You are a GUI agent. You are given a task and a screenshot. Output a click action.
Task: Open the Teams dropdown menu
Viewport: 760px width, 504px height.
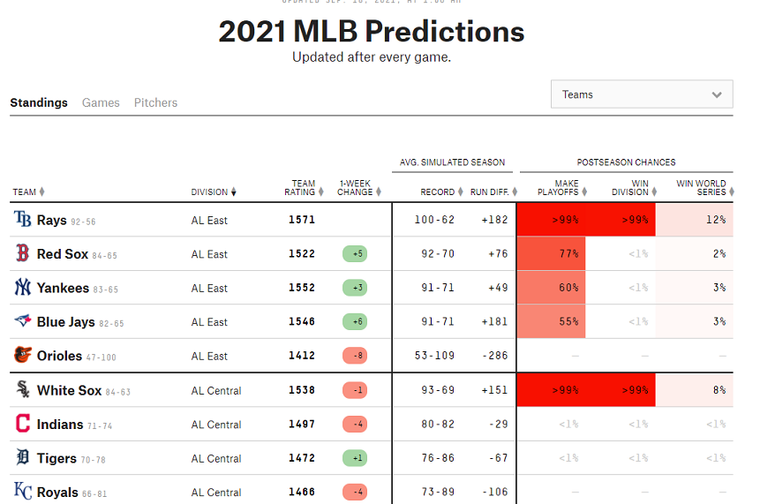click(641, 94)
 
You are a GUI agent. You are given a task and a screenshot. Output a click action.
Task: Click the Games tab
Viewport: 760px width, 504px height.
click(101, 102)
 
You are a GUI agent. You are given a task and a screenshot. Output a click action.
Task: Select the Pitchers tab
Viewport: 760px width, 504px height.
click(155, 102)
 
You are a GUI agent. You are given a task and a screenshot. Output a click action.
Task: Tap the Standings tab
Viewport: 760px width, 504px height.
click(39, 102)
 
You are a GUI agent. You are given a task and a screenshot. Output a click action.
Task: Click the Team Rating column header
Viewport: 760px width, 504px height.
click(303, 187)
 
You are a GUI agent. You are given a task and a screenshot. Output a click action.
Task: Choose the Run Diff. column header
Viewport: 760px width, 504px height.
click(489, 192)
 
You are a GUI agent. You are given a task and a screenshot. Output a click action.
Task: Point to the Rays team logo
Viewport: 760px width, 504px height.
click(22, 220)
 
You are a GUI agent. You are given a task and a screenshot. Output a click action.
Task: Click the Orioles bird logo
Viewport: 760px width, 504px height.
click(22, 356)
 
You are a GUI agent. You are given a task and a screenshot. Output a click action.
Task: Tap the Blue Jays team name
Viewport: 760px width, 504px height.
click(65, 322)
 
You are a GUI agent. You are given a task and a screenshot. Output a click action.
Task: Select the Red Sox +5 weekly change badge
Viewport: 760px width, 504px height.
click(355, 254)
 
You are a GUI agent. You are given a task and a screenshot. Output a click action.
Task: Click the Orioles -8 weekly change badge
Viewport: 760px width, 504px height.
click(355, 357)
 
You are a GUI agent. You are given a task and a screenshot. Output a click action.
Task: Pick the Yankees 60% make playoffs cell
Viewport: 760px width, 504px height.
click(552, 288)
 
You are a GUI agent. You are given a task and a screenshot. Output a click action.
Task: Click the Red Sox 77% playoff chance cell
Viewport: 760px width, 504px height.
click(552, 254)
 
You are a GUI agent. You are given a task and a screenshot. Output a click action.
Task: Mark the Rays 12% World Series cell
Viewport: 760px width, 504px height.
click(694, 220)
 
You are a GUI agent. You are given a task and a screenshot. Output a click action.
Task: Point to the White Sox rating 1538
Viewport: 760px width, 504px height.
click(302, 390)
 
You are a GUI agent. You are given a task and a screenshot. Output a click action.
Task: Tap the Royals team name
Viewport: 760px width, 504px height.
click(57, 493)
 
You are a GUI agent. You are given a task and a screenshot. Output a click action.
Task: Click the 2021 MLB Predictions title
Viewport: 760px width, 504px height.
click(372, 32)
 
